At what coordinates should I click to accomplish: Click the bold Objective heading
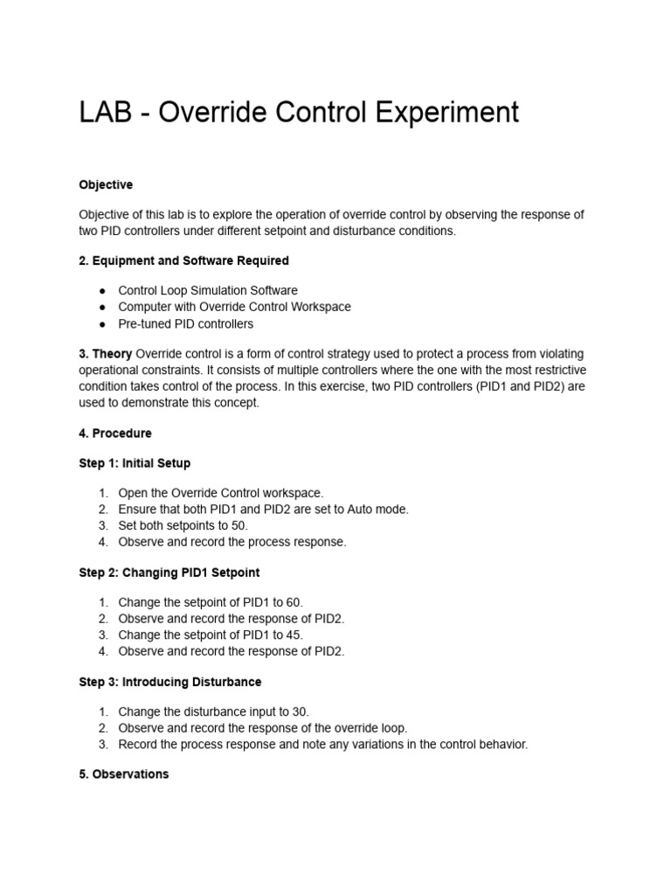pyautogui.click(x=106, y=184)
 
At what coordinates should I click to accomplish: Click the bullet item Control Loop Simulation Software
pyautogui.click(x=208, y=290)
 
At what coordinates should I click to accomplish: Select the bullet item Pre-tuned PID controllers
pyautogui.click(x=185, y=323)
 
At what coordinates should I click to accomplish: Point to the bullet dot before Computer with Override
pyautogui.click(x=102, y=307)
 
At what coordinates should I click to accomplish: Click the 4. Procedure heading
pyautogui.click(x=114, y=433)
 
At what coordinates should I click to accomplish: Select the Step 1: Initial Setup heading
pyautogui.click(x=135, y=462)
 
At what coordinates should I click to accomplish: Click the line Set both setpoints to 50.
pyautogui.click(x=183, y=525)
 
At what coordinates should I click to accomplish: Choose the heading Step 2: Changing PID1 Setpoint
pyautogui.click(x=169, y=572)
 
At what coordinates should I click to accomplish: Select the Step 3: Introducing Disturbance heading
pyautogui.click(x=169, y=681)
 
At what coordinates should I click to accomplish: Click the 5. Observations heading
pyautogui.click(x=123, y=774)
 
